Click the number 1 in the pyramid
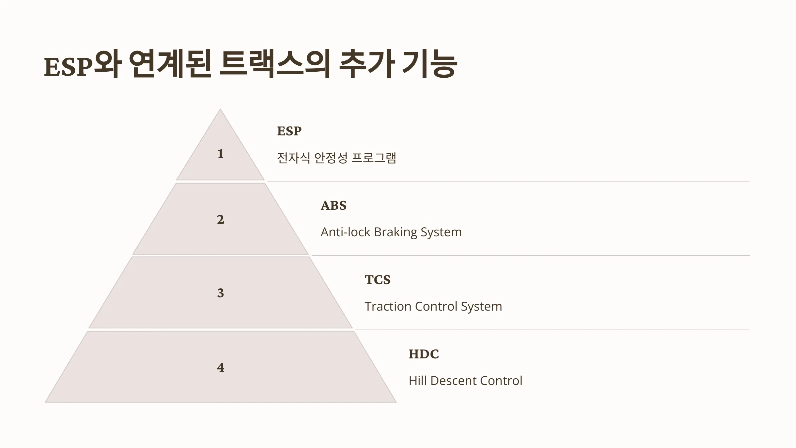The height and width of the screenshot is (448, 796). coord(221,154)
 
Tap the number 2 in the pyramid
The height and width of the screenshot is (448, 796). coord(221,219)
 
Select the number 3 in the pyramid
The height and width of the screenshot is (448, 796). coord(221,293)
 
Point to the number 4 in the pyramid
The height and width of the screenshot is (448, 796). coord(221,367)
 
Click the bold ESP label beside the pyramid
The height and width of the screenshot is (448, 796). coord(289,131)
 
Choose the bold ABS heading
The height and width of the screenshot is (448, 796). coord(334,205)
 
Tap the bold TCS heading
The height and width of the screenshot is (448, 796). coord(378,280)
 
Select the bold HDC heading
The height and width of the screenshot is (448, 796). coord(424,354)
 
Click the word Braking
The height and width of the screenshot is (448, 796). coord(395,232)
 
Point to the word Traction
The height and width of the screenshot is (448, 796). coord(388,306)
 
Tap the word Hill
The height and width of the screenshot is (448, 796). coord(418,381)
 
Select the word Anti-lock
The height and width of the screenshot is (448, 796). coord(345,232)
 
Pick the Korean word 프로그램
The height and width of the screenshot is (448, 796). coord(374,158)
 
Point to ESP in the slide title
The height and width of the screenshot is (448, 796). coord(68,67)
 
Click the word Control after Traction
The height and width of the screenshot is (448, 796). coord(436,306)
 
